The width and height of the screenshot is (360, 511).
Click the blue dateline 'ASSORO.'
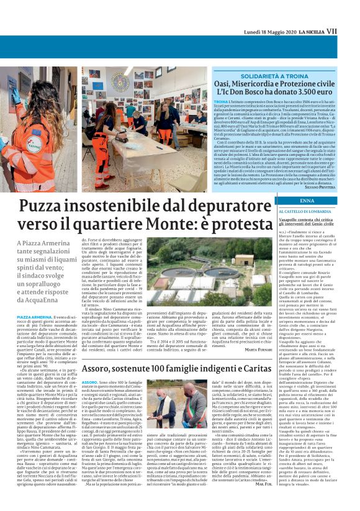pos(90,365)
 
